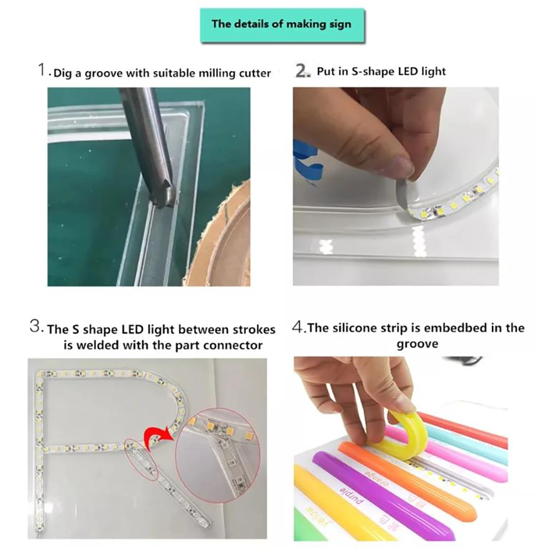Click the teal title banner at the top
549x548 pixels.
tap(282, 25)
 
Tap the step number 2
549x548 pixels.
tap(303, 71)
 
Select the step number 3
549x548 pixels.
tap(36, 328)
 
